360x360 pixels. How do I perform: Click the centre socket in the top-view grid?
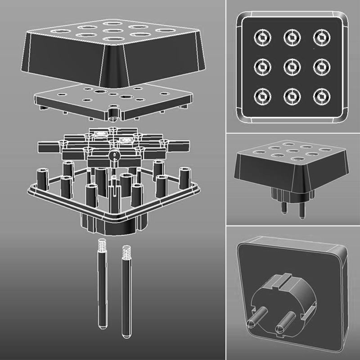pyautogui.click(x=292, y=67)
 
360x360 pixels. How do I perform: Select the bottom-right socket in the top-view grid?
pyautogui.click(x=321, y=96)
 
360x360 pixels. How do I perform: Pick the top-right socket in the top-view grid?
pyautogui.click(x=321, y=37)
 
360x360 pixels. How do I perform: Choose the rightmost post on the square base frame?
pyautogui.click(x=184, y=178)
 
